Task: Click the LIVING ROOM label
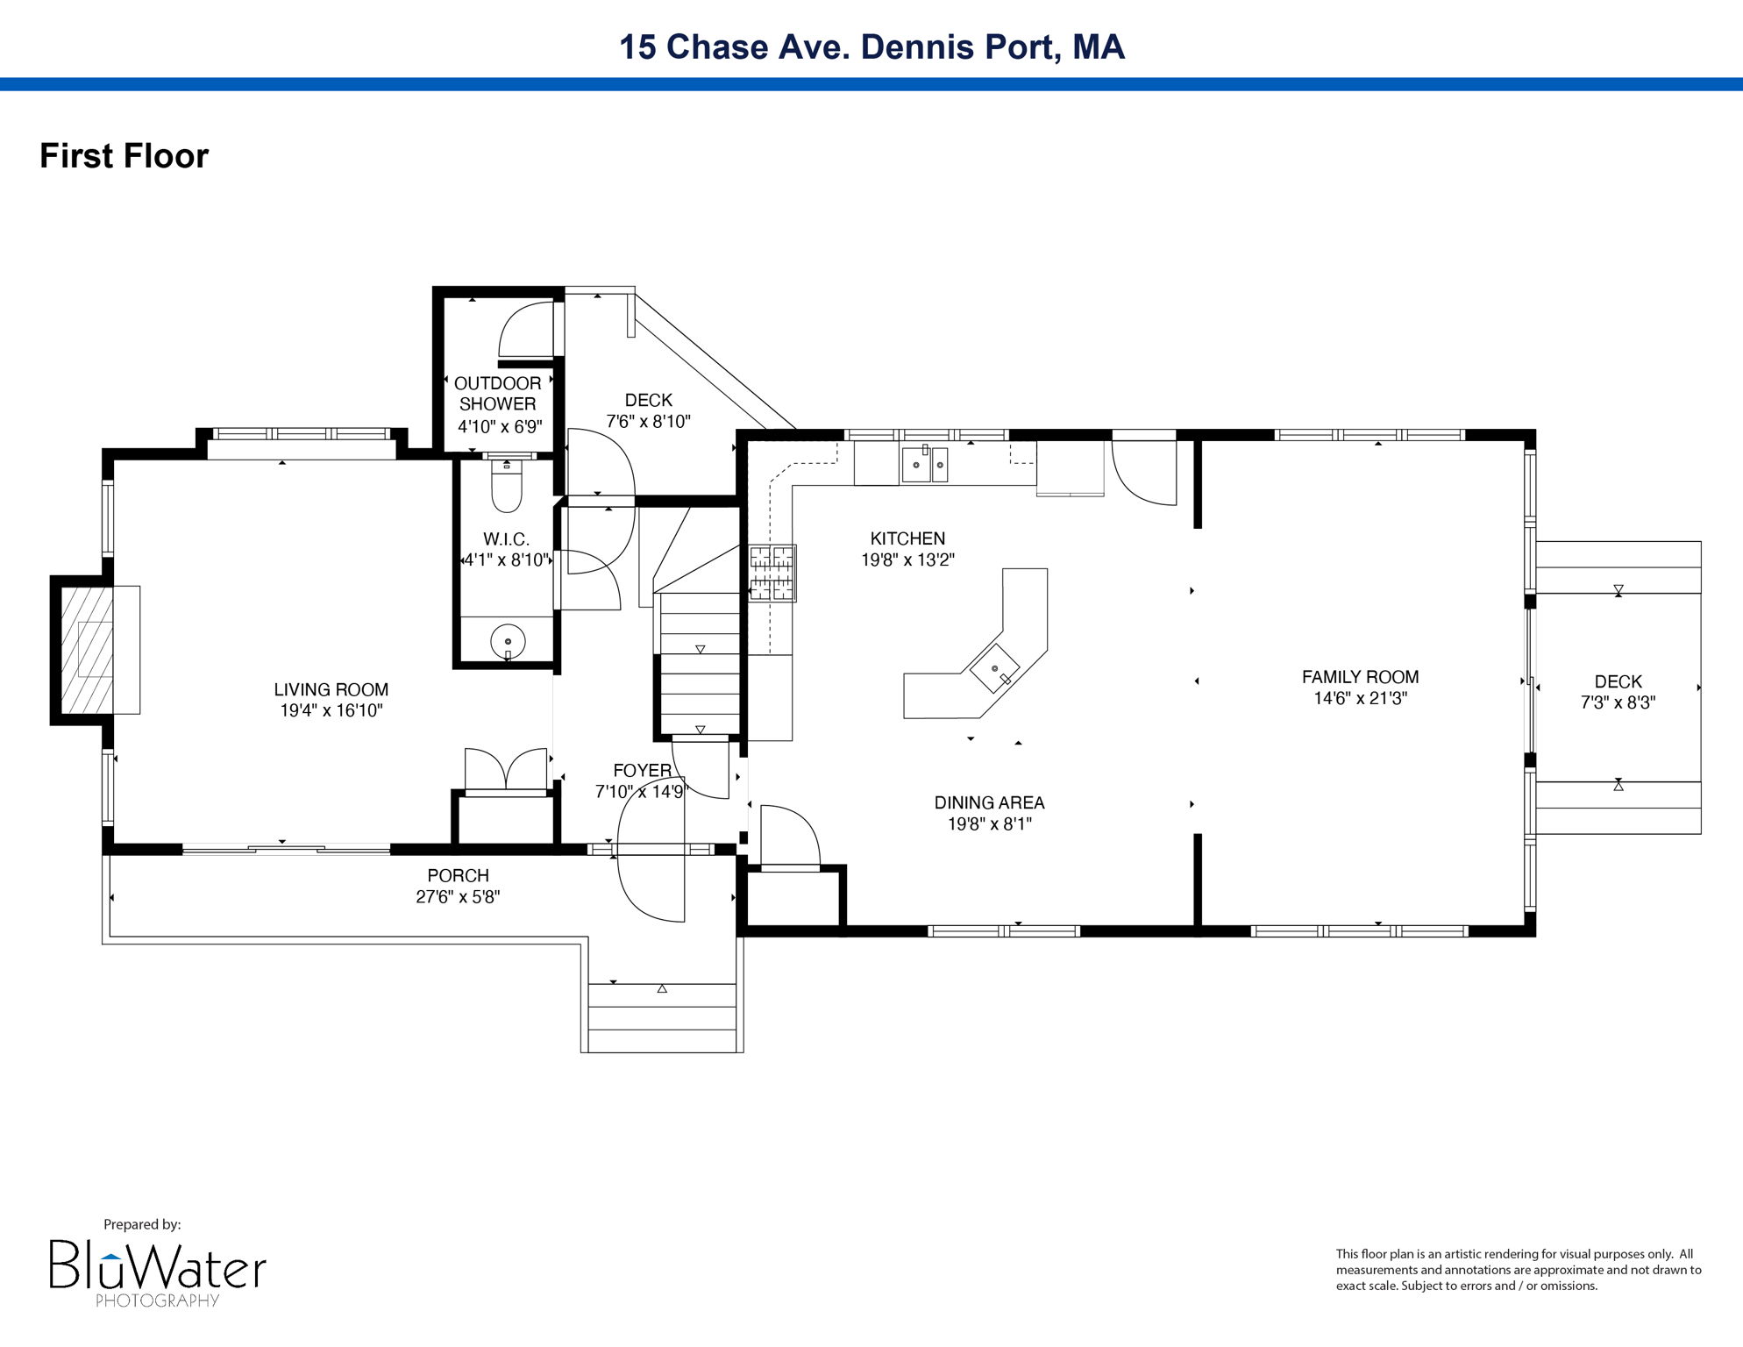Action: pos(331,690)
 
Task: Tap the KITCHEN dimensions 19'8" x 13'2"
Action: pos(907,559)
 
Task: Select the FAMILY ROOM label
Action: pos(1360,677)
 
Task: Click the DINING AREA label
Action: pos(989,802)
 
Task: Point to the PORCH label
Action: pos(458,875)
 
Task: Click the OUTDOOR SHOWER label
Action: pos(497,394)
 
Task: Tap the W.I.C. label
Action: pos(506,539)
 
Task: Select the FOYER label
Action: pos(642,770)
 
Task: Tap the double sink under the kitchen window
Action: pos(925,464)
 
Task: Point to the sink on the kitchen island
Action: pos(994,668)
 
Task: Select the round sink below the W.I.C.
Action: pos(508,642)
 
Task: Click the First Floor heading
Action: pos(125,156)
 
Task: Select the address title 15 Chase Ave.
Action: pos(871,46)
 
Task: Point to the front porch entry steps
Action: pos(662,1017)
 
